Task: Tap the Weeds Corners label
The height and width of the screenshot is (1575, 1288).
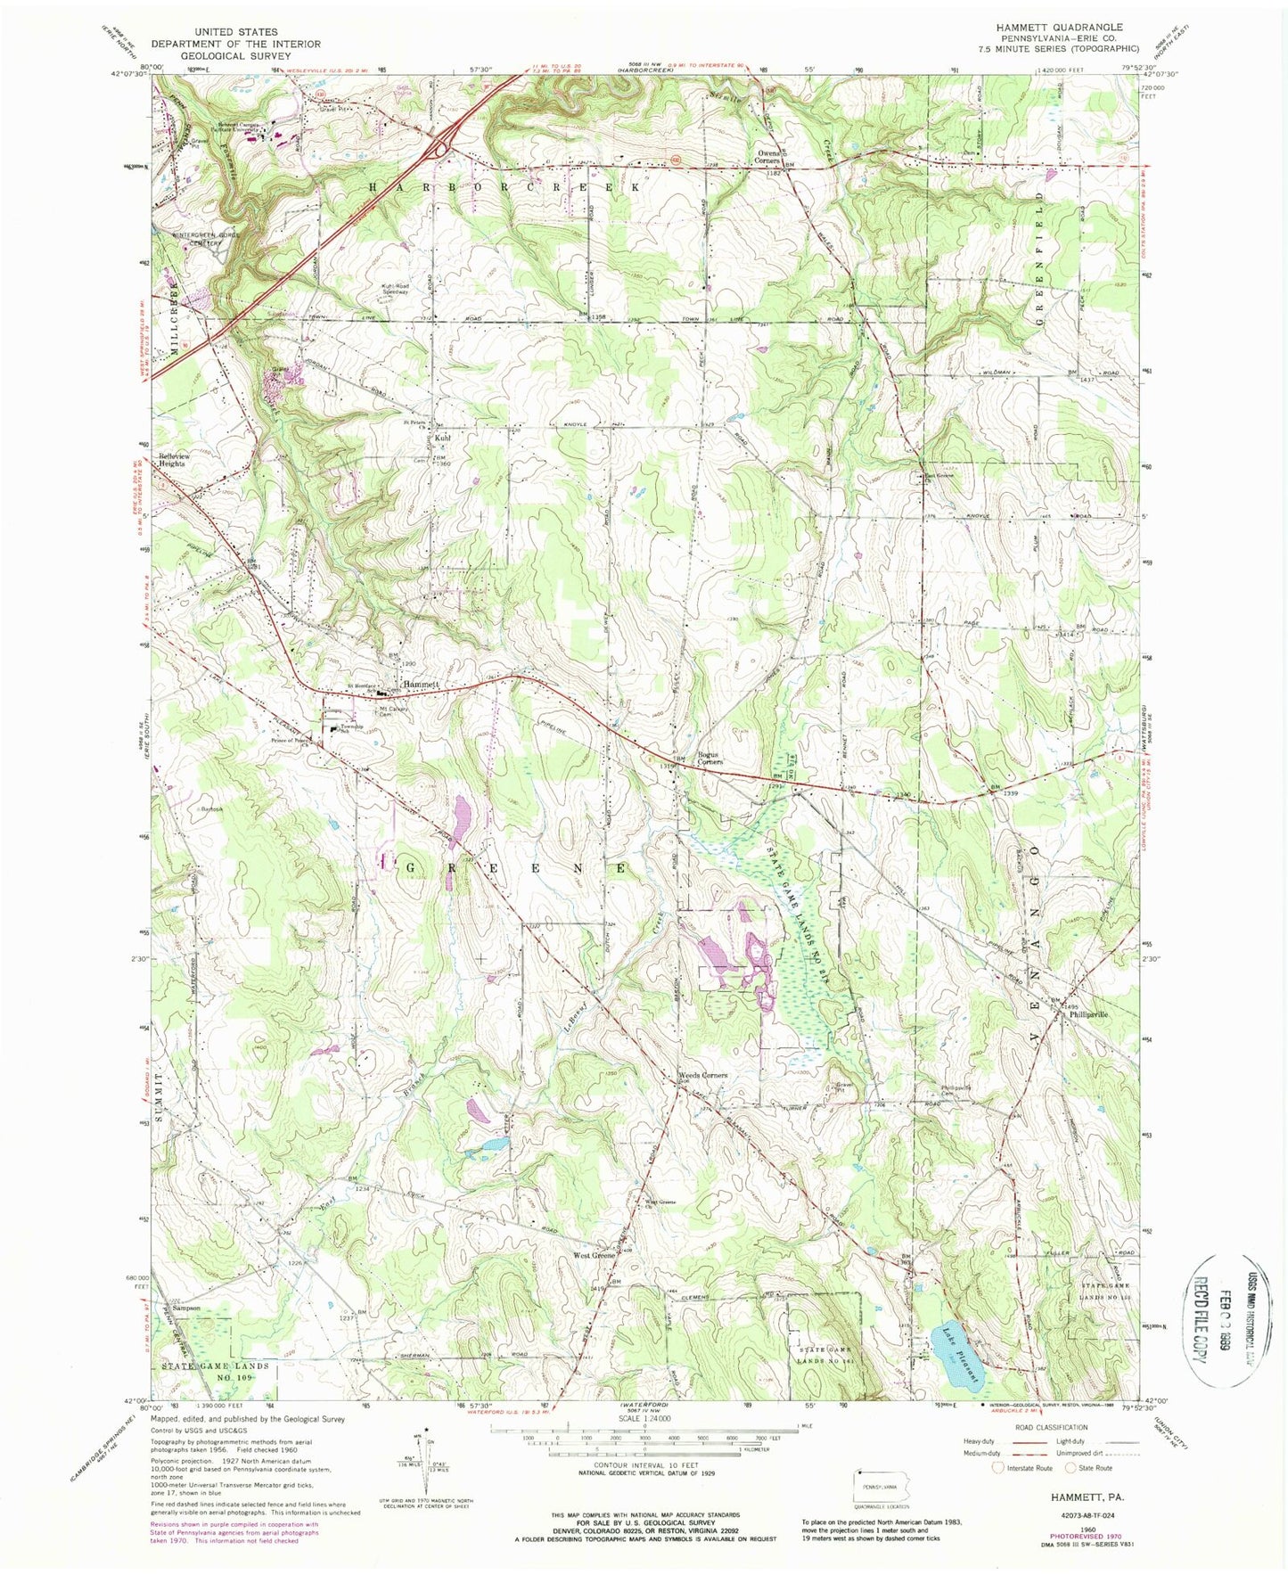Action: pyautogui.click(x=703, y=1076)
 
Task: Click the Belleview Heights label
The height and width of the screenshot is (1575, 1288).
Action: pyautogui.click(x=185, y=460)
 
